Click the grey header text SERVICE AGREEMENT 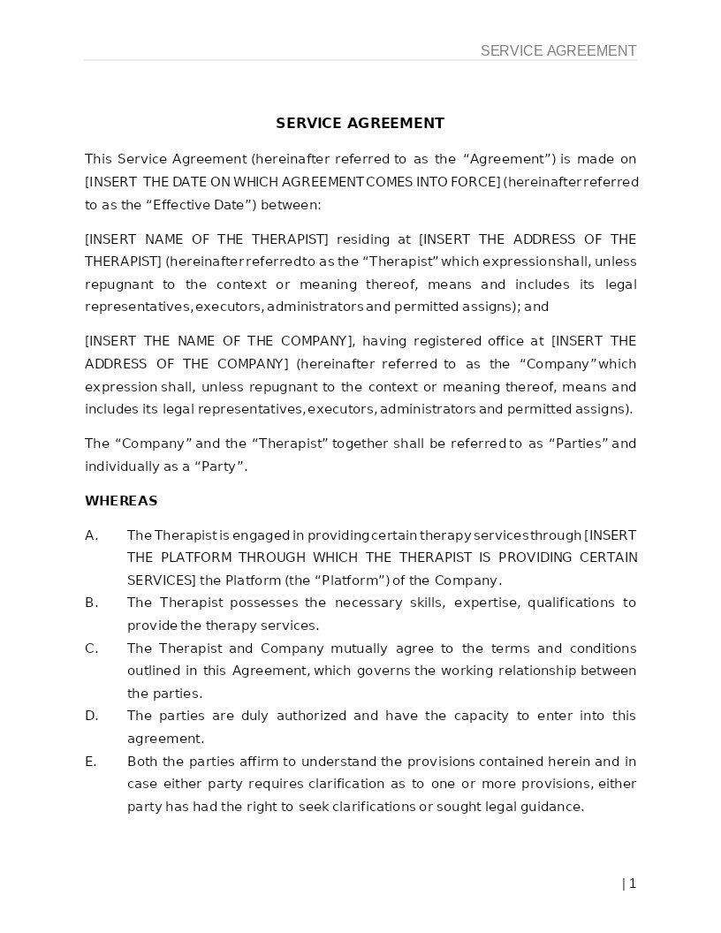(x=558, y=50)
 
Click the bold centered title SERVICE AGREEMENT (x=360, y=123)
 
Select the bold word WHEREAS (x=121, y=501)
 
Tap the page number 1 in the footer (x=633, y=884)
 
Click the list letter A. (x=90, y=535)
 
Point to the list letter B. (x=90, y=603)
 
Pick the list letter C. (x=90, y=649)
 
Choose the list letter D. (x=90, y=716)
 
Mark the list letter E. (x=90, y=762)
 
